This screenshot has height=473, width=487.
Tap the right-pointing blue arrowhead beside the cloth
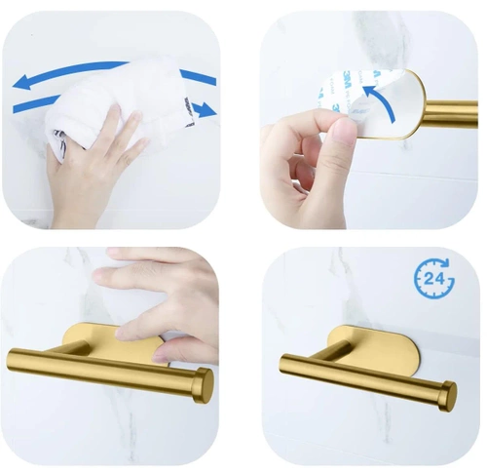(x=206, y=110)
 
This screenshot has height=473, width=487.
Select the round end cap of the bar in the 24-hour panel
(x=447, y=396)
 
